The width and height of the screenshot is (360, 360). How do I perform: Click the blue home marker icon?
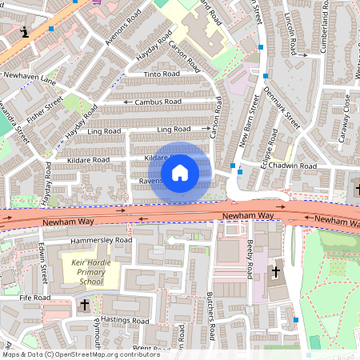(x=180, y=172)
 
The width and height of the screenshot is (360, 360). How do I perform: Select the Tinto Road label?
(x=162, y=74)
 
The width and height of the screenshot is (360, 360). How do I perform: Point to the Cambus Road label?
(x=158, y=102)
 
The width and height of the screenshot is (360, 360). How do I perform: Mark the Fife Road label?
(x=36, y=298)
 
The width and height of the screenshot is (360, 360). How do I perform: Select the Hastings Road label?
(x=126, y=321)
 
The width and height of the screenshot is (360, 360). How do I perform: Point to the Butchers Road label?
(x=212, y=316)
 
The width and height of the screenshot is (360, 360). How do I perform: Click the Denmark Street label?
(x=282, y=105)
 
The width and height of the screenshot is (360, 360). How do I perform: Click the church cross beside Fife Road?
(x=84, y=305)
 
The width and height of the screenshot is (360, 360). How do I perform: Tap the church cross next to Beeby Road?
(x=276, y=272)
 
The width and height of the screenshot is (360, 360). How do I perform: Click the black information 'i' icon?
(x=26, y=32)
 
